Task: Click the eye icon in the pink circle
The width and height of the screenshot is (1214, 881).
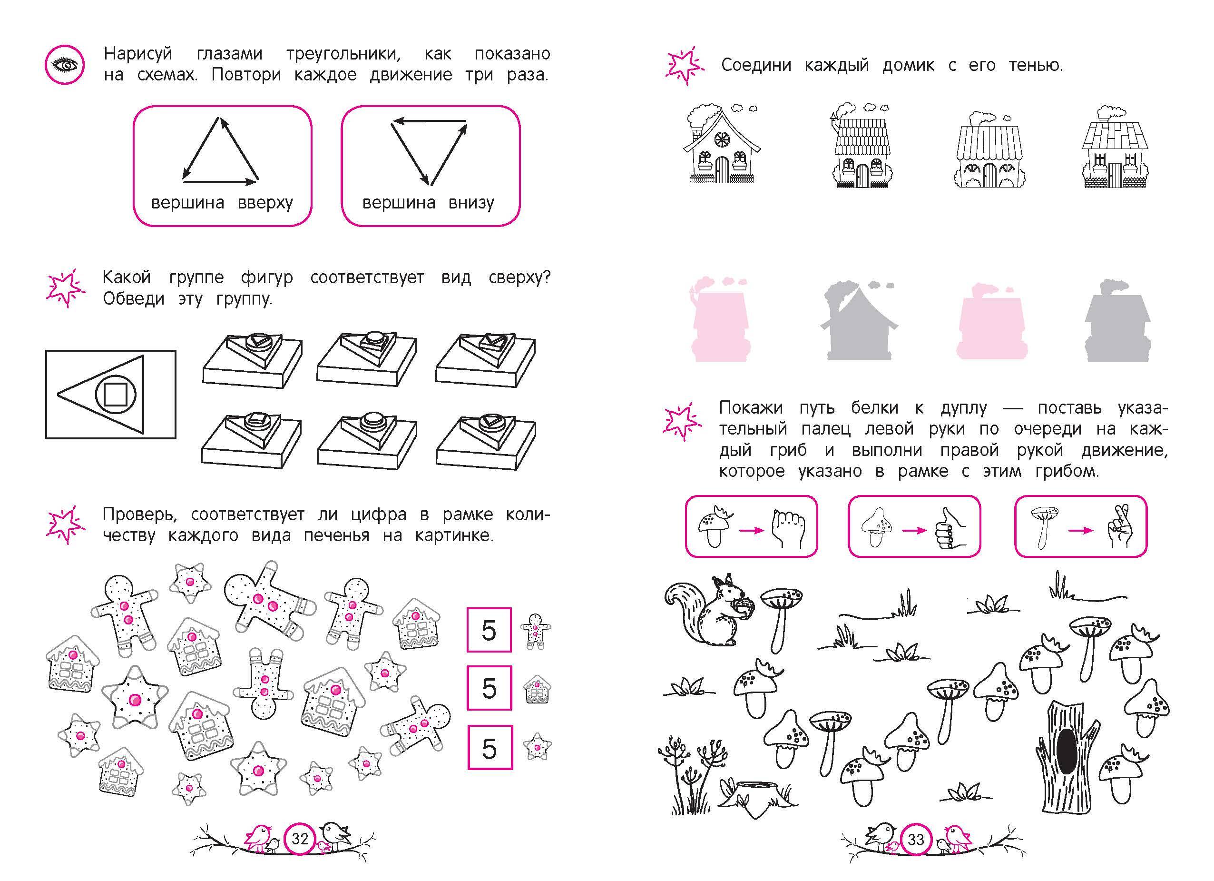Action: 64,65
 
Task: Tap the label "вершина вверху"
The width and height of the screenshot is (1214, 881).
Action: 222,202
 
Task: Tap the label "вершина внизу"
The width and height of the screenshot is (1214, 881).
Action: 428,202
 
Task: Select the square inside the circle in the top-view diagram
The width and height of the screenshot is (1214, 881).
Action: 115,394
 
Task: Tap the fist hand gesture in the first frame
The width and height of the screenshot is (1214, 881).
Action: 787,529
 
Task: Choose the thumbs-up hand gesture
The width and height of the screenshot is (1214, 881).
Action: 950,529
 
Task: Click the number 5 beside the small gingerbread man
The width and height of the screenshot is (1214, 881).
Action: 489,630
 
